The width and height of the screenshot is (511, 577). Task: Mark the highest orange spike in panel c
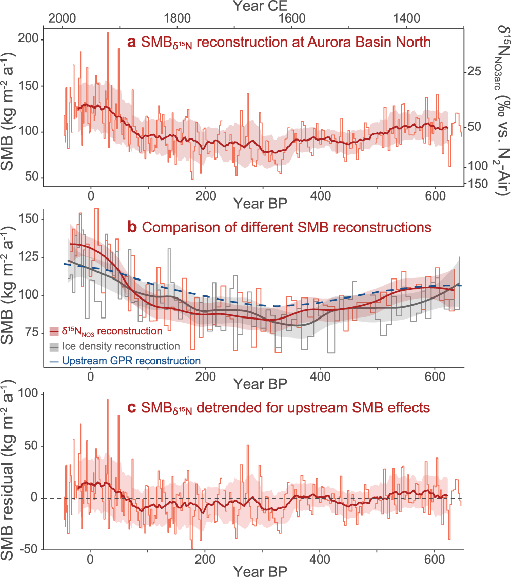tap(108, 400)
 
